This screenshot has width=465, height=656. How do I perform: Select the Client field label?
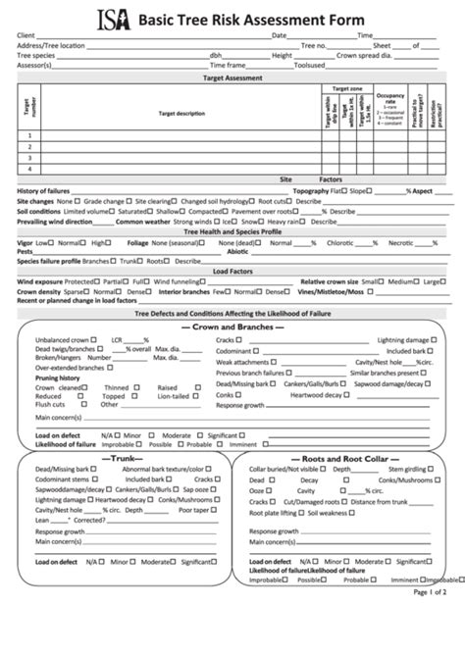pos(26,35)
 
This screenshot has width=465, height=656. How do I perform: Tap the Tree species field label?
pos(36,55)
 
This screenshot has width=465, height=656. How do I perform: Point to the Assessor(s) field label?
pos(33,65)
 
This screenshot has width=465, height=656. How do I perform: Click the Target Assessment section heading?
pos(232,76)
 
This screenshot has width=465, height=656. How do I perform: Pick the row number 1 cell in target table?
pos(30,135)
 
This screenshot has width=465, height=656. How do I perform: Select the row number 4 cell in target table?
pos(30,168)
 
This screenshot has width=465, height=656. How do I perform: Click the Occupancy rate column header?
pos(390,100)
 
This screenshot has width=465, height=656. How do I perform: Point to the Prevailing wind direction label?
pos(55,222)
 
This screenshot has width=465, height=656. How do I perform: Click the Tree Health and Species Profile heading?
pos(232,231)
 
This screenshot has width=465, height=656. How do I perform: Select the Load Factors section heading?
pos(232,271)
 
